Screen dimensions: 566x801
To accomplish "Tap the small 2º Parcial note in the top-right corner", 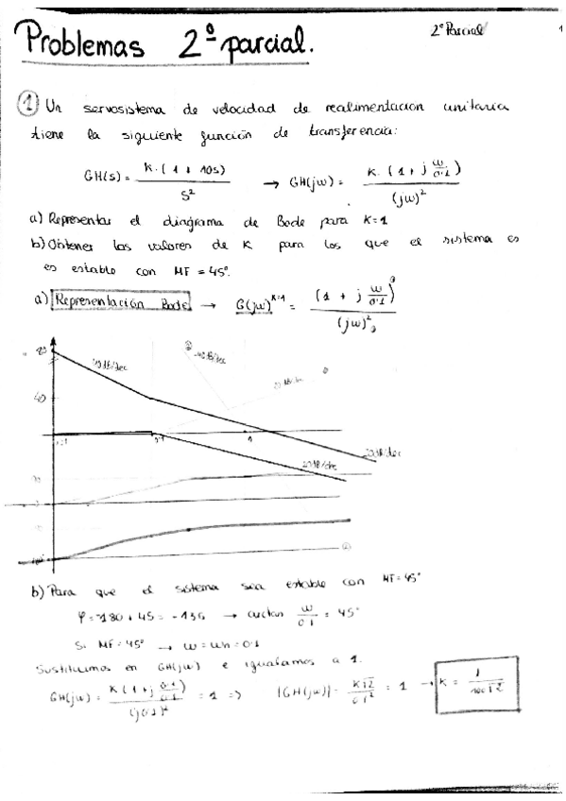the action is (456, 29).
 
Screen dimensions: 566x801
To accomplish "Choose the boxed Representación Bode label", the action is (121, 304).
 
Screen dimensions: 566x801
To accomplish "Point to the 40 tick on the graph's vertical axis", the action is (40, 398).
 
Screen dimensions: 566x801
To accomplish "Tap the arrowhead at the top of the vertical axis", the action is (54, 352).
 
